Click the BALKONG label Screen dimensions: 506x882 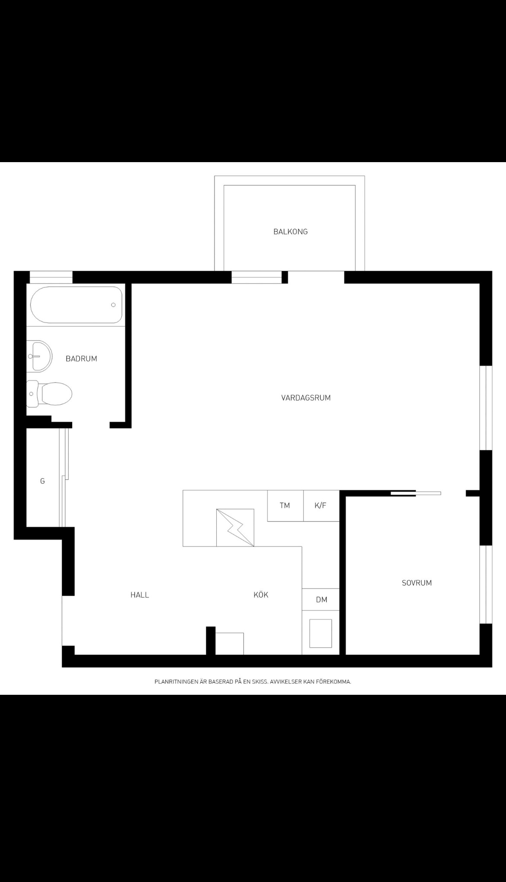[x=291, y=232]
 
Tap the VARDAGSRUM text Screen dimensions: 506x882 [x=306, y=398]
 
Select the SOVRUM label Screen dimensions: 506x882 [x=417, y=583]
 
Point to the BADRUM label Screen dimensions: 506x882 [x=81, y=358]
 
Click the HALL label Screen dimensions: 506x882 [x=140, y=595]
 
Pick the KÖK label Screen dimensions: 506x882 [x=261, y=595]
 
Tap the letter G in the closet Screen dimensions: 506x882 [x=42, y=481]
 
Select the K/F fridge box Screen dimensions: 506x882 [x=321, y=505]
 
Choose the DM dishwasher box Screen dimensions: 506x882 [x=320, y=599]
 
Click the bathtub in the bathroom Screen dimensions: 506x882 [x=76, y=305]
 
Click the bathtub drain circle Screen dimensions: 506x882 [x=113, y=305]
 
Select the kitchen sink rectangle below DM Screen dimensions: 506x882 [x=320, y=633]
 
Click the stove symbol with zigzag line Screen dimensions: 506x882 [x=235, y=527]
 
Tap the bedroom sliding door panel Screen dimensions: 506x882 [x=416, y=493]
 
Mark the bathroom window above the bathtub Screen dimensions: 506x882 [x=51, y=277]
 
